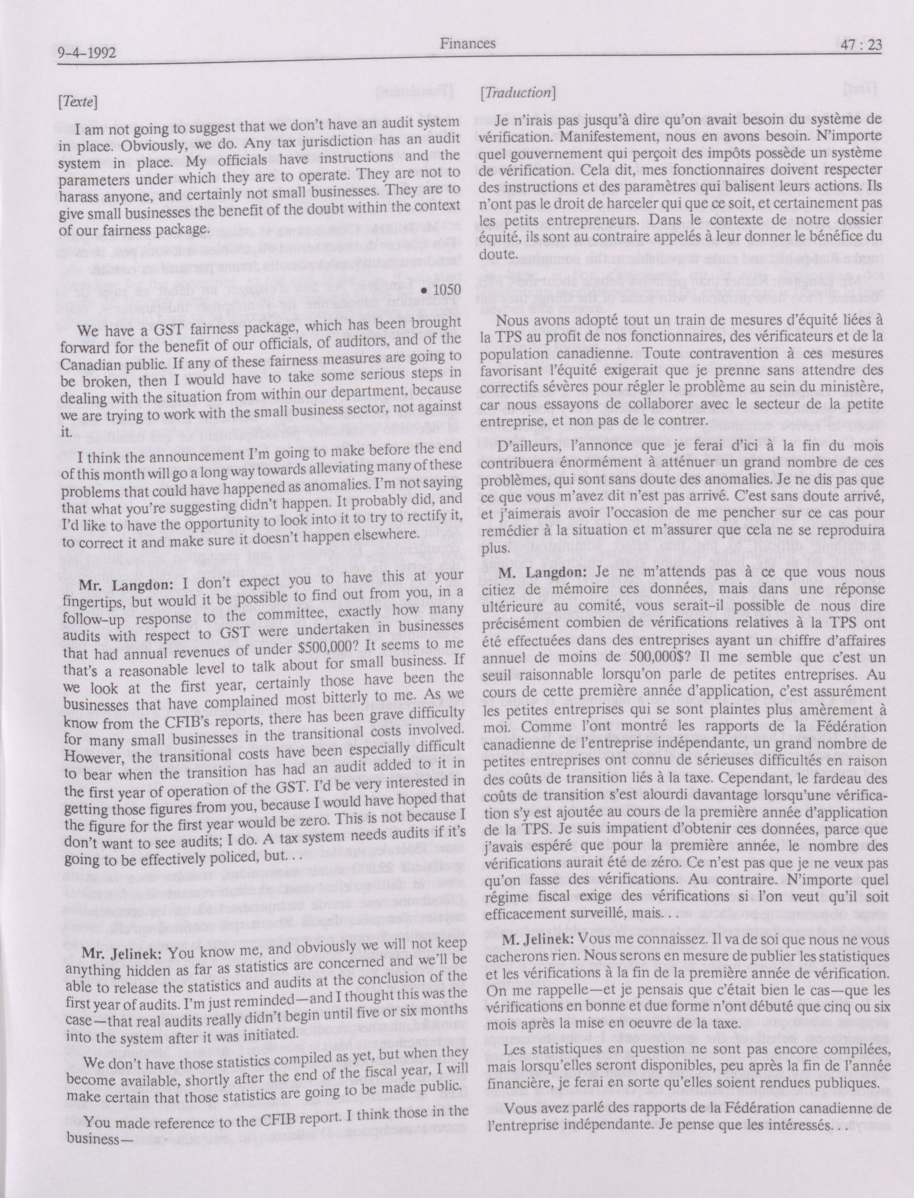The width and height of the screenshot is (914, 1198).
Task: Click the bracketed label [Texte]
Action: click(76, 102)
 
